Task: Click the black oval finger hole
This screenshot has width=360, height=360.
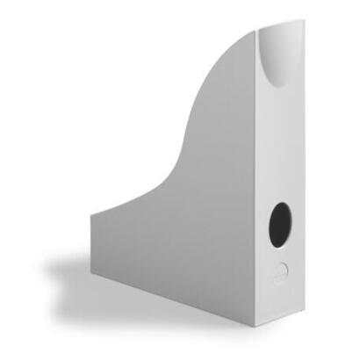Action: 281,224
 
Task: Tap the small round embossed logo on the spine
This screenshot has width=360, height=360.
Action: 282,271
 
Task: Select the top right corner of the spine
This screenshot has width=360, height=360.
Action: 304,23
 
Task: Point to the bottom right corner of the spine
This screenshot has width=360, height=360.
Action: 301,313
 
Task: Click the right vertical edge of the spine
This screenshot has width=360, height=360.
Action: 303,176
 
